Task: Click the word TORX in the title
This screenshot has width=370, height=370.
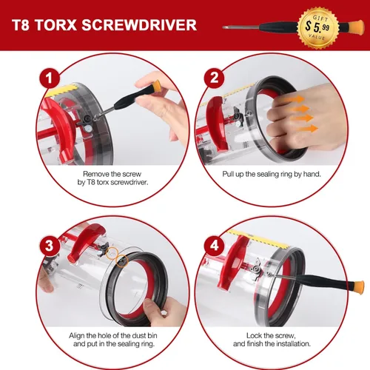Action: (x=56, y=25)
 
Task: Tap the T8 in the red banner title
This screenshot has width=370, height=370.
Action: (x=21, y=25)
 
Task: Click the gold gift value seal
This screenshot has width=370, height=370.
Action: (x=318, y=27)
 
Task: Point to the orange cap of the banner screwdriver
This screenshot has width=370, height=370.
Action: (x=357, y=27)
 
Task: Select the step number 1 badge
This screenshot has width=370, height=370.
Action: (x=50, y=78)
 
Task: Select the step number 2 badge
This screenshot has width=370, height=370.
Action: (x=214, y=78)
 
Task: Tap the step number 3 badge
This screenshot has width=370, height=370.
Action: (x=50, y=246)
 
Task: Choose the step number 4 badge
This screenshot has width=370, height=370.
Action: (x=214, y=246)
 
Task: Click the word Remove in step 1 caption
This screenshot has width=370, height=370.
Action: (x=95, y=174)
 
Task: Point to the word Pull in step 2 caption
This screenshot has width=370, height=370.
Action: (x=228, y=174)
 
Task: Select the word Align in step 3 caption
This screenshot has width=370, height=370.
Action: (x=76, y=335)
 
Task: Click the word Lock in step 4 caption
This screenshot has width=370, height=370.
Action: (x=254, y=335)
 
